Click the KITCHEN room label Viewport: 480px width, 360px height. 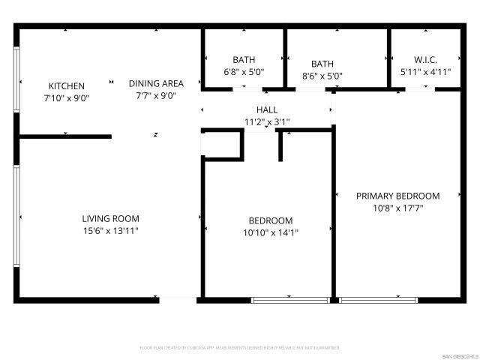pyautogui.click(x=67, y=86)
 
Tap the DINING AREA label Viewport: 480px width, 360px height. pyautogui.click(x=156, y=83)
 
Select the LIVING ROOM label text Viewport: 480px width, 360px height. pyautogui.click(x=110, y=219)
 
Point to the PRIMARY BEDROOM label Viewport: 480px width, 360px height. pyautogui.click(x=397, y=196)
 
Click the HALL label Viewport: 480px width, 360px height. pyautogui.click(x=266, y=110)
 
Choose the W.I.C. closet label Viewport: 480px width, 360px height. pyautogui.click(x=425, y=60)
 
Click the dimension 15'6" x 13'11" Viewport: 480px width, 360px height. pyautogui.click(x=110, y=231)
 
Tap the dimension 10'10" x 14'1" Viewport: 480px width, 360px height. pyautogui.click(x=270, y=232)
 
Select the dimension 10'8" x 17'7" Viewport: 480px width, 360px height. pyautogui.click(x=397, y=208)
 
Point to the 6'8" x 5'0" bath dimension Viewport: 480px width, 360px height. pyautogui.click(x=244, y=72)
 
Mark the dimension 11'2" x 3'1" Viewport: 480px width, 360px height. pyautogui.click(x=266, y=121)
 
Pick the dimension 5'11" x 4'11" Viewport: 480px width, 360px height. pyautogui.click(x=425, y=72)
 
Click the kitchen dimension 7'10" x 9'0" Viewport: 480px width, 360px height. pyautogui.click(x=67, y=98)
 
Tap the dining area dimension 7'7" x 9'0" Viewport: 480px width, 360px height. pyautogui.click(x=156, y=95)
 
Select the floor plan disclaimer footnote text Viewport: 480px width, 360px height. pyautogui.click(x=240, y=348)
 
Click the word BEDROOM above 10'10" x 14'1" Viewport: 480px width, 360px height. pyautogui.click(x=270, y=220)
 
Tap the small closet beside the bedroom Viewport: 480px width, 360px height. pyautogui.click(x=222, y=145)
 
